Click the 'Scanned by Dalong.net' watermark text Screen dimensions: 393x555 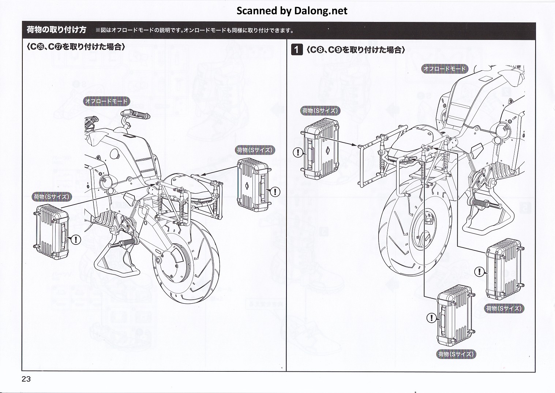click(292, 11)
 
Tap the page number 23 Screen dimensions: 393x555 click(26, 379)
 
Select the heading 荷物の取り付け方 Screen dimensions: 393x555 click(56, 30)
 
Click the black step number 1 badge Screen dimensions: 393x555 click(297, 49)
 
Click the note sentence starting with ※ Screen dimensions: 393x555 click(194, 30)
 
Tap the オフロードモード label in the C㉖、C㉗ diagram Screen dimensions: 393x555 click(106, 101)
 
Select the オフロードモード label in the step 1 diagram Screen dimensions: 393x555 click(445, 68)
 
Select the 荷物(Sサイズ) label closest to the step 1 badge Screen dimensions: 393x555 click(320, 111)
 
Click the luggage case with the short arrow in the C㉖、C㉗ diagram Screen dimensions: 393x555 click(253, 185)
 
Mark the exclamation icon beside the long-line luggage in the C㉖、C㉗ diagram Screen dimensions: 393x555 click(76, 240)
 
